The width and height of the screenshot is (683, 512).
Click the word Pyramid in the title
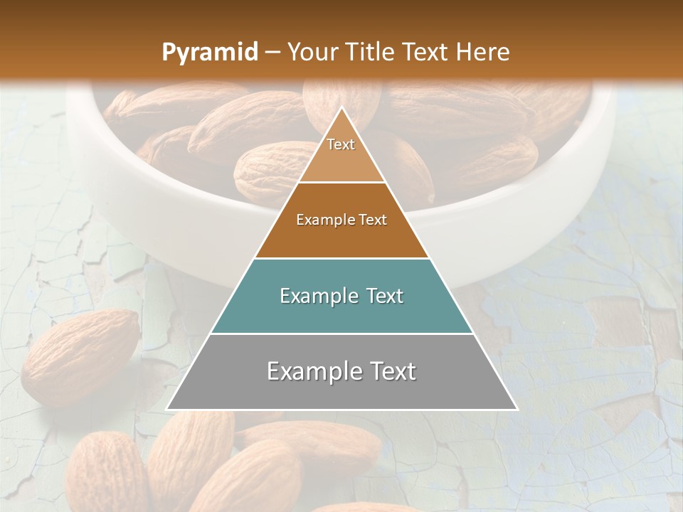pyautogui.click(x=209, y=53)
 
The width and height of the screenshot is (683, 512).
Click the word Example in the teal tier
pyautogui.click(x=312, y=297)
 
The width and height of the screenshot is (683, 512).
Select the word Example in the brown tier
pyautogui.click(x=320, y=220)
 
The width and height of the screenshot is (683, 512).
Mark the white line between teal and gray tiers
pyautogui.click(x=341, y=334)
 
